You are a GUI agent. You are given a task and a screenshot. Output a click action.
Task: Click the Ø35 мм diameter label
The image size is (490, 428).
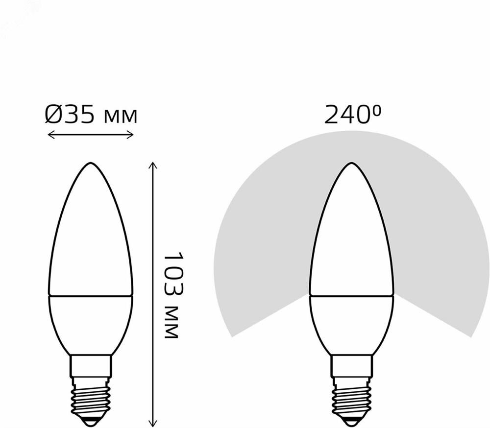click(91, 114)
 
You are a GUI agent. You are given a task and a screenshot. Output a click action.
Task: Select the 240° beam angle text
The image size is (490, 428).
click(353, 114)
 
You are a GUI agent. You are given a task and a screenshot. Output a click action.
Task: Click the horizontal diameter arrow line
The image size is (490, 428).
click(91, 135)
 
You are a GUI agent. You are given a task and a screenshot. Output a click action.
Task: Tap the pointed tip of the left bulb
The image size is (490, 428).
click(91, 163)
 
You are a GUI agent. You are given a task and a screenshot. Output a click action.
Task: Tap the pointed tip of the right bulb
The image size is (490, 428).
click(352, 164)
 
